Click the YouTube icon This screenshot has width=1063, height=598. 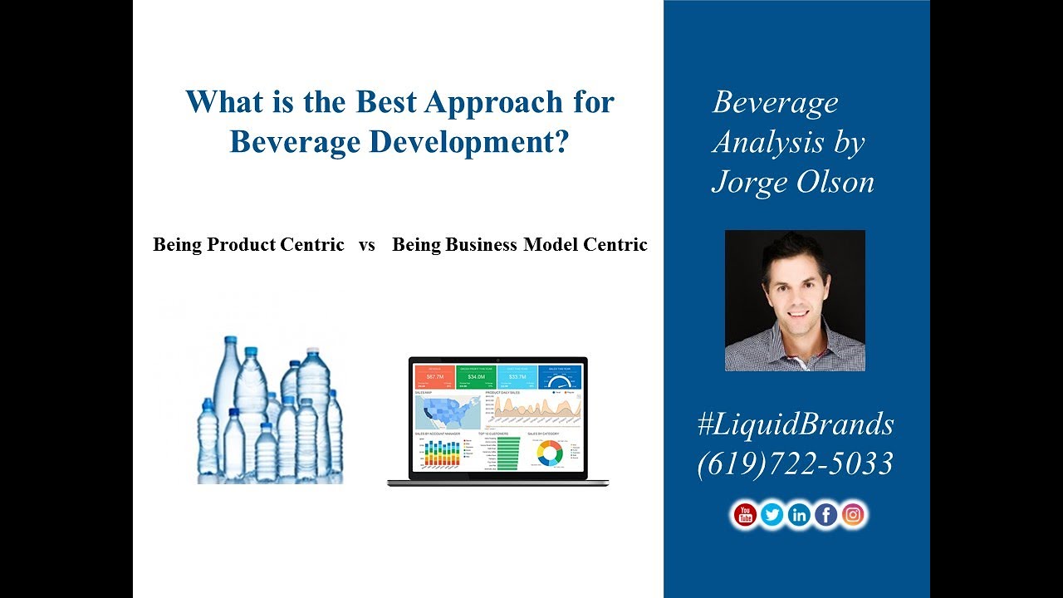[745, 515]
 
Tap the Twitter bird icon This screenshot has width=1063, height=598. [772, 515]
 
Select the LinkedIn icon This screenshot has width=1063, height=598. [799, 515]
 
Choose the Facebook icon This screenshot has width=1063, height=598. [826, 515]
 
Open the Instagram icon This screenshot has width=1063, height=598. [853, 515]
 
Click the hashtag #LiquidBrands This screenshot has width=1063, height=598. [796, 424]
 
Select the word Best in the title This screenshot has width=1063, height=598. [386, 102]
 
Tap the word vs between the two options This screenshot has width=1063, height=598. [367, 245]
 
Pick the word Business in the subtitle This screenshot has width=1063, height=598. [481, 245]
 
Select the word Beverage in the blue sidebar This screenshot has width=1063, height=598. [776, 103]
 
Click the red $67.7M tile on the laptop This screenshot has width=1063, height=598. [434, 378]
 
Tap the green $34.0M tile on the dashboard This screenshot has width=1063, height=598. [476, 378]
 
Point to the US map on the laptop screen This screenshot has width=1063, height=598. [447, 412]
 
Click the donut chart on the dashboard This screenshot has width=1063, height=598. [549, 453]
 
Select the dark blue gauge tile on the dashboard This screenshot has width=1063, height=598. [561, 378]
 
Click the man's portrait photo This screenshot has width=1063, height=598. [795, 301]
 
